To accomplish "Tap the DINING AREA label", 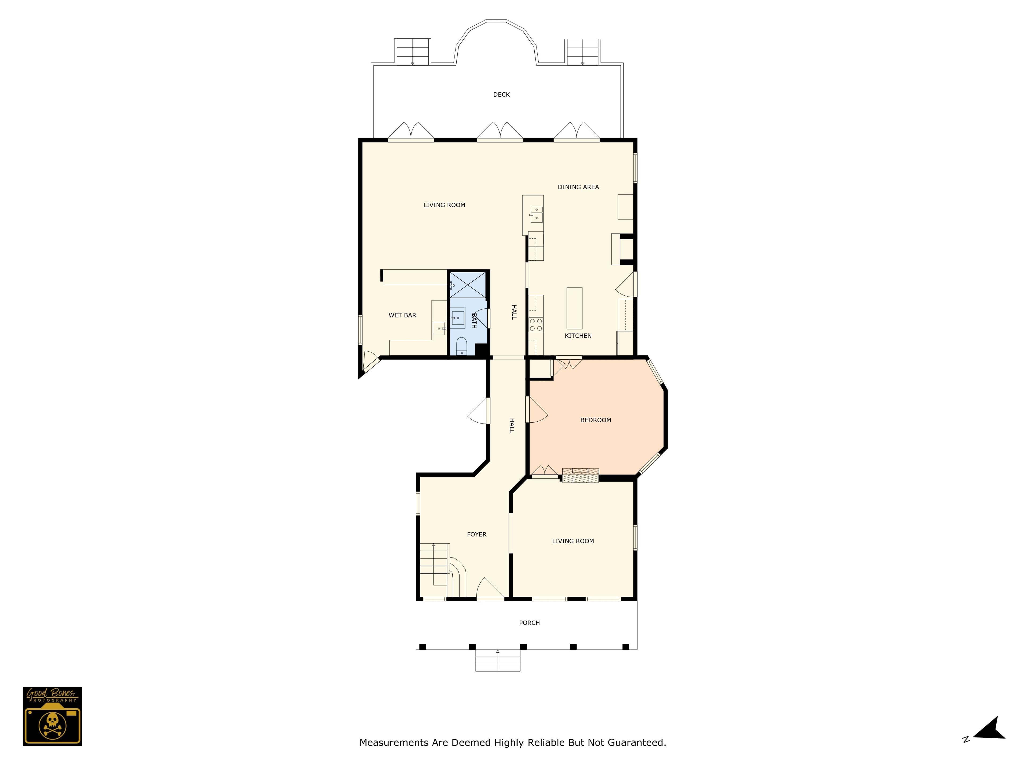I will (578, 187).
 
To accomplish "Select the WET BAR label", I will (402, 315).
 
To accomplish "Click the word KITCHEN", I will (578, 336).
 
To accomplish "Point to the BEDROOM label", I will (596, 420).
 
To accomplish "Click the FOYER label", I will (476, 535).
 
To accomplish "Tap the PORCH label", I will (529, 622).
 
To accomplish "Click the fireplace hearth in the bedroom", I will (580, 476).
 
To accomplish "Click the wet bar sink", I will (439, 328).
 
